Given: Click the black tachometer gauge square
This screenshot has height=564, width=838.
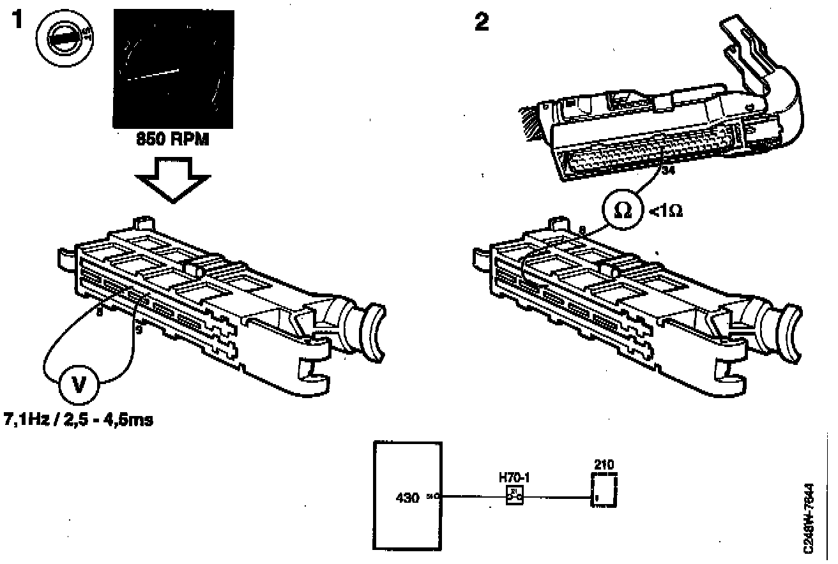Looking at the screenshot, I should tap(172, 69).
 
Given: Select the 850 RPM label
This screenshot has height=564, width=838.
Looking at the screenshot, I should tap(174, 140).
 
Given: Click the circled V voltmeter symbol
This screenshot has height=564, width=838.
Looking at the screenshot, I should tap(79, 385).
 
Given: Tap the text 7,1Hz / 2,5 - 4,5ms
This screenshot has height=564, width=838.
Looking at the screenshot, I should tap(79, 422).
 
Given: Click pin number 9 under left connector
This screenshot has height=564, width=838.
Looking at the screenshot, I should tap(139, 329).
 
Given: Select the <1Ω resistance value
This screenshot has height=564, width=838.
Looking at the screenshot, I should tap(666, 211).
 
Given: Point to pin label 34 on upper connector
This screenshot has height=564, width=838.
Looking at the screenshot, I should tap(669, 171).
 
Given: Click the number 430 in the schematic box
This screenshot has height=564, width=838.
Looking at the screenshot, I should tap(407, 496).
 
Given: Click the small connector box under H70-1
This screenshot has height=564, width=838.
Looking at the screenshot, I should tap(515, 495).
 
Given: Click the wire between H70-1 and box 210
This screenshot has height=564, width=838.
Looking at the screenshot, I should tap(556, 496).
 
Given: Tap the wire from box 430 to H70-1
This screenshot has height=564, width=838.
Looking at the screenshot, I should tap(472, 496).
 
